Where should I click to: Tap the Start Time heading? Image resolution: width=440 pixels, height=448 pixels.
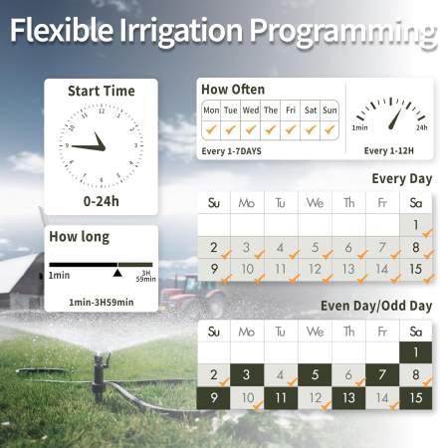101,91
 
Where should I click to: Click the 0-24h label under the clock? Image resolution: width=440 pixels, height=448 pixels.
101,201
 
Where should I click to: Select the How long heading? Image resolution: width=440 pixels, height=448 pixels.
80,237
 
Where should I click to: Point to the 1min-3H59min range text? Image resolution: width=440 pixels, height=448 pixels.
101,302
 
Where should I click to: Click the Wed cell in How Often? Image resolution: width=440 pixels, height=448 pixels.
251,111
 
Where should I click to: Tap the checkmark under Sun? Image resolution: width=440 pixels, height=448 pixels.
330,129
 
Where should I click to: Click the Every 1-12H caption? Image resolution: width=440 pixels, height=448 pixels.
389,151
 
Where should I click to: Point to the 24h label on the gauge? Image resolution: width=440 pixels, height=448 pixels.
421,128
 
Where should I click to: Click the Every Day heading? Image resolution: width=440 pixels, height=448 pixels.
401,179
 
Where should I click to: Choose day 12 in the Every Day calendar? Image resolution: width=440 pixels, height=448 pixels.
316,269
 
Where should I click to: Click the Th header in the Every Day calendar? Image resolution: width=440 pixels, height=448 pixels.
349,203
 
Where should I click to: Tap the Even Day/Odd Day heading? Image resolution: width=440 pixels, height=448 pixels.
376,306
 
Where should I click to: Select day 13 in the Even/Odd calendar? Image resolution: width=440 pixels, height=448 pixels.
349,397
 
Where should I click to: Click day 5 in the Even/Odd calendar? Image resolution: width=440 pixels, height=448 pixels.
316,375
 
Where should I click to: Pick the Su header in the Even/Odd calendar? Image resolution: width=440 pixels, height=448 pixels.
214,332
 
